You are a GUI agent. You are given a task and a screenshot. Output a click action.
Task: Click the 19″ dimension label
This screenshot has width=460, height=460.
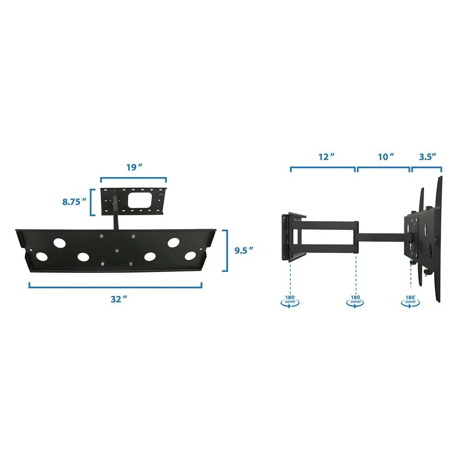click(x=134, y=167)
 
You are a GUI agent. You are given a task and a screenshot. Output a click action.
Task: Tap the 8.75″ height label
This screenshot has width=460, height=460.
click(x=75, y=202)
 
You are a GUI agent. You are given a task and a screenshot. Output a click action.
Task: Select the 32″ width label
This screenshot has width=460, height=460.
click(x=119, y=299)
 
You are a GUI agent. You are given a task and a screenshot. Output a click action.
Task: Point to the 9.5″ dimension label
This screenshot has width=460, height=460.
click(x=244, y=251)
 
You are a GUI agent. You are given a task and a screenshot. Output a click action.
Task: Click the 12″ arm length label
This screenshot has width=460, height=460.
click(x=327, y=157)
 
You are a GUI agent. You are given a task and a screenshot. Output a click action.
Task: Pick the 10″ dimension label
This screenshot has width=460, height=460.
click(x=386, y=157)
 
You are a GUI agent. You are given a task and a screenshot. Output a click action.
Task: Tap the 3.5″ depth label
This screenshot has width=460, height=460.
click(x=427, y=157)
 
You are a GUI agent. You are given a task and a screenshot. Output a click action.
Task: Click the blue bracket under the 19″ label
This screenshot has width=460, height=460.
click(x=133, y=178)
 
